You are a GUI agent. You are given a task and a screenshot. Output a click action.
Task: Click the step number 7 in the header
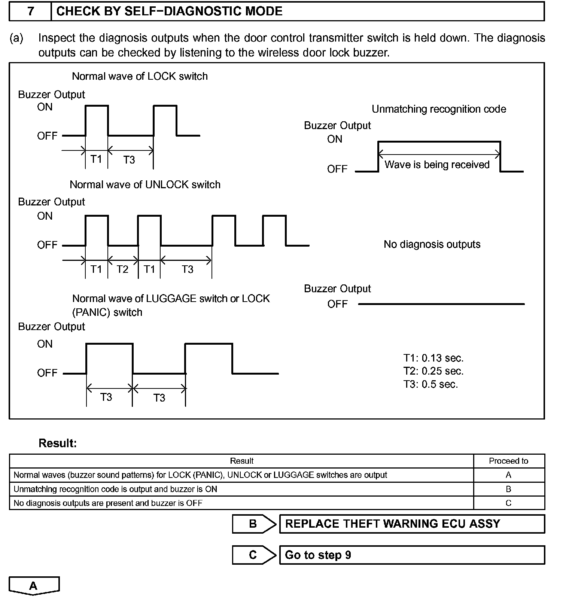click(x=31, y=11)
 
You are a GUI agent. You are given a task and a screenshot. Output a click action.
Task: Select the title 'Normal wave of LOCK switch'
click(x=140, y=76)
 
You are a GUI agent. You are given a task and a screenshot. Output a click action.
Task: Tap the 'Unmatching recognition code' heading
click(x=439, y=109)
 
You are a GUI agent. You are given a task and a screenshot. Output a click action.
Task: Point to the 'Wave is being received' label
click(x=437, y=165)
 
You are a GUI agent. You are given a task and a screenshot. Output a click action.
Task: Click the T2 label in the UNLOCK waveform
click(x=122, y=269)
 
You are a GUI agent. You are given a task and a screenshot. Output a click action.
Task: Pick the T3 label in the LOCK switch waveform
click(x=129, y=160)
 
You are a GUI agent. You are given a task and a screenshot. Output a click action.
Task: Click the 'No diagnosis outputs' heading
click(x=432, y=244)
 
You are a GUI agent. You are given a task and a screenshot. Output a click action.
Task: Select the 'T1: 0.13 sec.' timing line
click(x=433, y=358)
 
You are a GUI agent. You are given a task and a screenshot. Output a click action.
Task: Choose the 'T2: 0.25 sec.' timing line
click(x=433, y=371)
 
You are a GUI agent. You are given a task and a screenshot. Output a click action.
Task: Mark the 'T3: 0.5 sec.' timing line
click(x=430, y=384)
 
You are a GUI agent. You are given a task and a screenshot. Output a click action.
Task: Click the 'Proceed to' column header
click(x=508, y=461)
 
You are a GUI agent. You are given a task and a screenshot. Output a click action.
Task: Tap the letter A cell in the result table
click(x=508, y=475)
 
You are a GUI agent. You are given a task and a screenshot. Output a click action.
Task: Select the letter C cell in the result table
click(x=508, y=503)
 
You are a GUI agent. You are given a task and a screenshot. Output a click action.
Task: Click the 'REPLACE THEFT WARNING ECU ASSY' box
click(x=411, y=524)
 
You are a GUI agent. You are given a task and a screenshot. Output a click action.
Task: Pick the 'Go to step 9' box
click(x=411, y=555)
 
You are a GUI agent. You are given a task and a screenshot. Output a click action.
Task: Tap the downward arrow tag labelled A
click(x=34, y=586)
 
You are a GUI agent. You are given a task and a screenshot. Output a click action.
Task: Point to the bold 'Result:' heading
click(x=58, y=443)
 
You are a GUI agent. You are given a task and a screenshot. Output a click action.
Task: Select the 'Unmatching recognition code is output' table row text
click(x=115, y=489)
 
